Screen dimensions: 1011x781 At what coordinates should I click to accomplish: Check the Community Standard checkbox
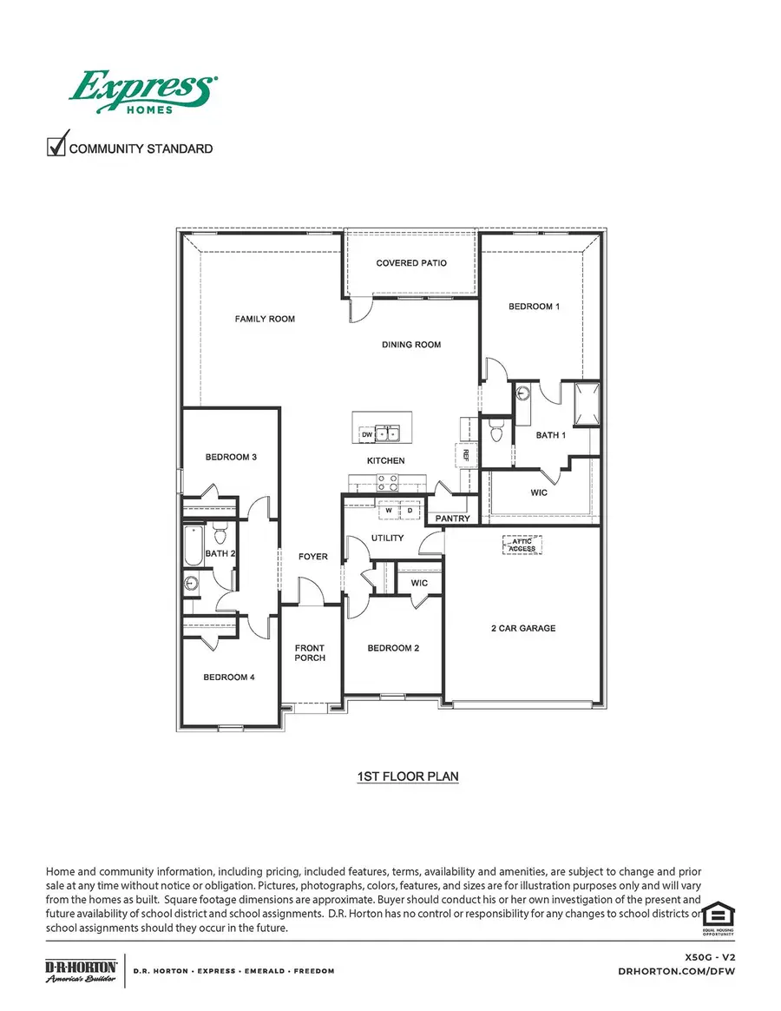(x=56, y=144)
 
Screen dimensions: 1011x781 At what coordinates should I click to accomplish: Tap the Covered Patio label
(x=411, y=262)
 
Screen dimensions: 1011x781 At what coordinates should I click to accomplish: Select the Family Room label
(x=265, y=319)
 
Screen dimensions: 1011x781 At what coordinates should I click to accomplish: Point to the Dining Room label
(x=411, y=345)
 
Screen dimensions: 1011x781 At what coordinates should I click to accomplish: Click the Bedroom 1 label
(x=534, y=307)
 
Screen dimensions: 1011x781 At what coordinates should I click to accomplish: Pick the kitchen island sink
(x=384, y=433)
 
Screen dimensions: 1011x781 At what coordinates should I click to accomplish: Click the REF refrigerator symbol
(x=465, y=453)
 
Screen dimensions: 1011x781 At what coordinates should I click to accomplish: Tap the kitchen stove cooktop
(x=388, y=482)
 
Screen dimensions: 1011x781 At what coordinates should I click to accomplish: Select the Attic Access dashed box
(x=522, y=545)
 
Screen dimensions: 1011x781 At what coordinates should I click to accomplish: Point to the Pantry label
(x=453, y=519)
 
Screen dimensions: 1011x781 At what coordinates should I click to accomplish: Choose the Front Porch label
(x=310, y=652)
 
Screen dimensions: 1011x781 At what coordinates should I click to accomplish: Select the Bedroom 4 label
(x=229, y=677)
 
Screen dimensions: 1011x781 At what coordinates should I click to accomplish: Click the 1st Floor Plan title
(x=407, y=776)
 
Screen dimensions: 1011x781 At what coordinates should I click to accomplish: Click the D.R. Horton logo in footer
(x=81, y=970)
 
